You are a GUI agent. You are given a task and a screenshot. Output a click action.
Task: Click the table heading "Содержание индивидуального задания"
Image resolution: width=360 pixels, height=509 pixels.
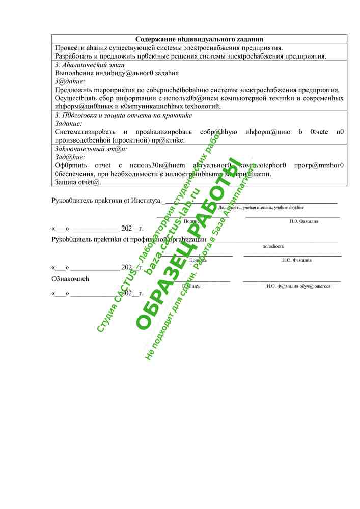click(x=199, y=39)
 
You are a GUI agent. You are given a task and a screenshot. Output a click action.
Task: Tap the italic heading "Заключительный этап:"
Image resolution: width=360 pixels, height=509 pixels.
click(x=91, y=149)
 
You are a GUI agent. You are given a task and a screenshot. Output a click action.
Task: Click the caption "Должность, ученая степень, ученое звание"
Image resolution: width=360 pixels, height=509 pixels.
click(x=261, y=208)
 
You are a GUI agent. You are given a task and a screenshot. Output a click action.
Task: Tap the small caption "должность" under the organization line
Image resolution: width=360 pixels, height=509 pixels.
click(x=273, y=246)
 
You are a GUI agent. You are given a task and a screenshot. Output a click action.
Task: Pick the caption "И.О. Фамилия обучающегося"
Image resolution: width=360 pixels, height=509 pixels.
click(x=298, y=286)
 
